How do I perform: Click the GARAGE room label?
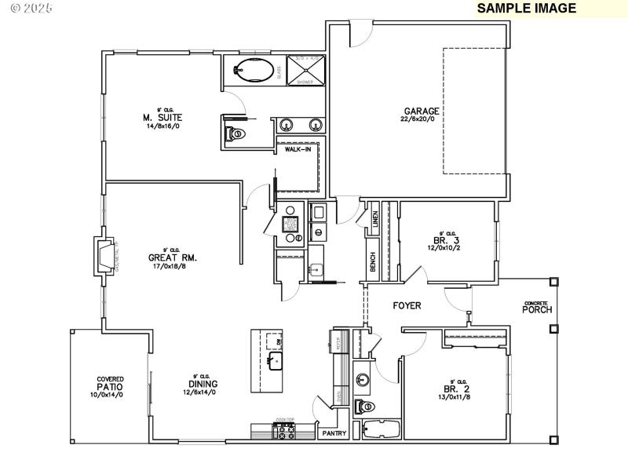[422, 111]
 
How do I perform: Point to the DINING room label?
[199, 384]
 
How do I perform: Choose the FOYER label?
[407, 305]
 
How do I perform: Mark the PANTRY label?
[330, 433]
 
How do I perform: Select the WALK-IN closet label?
[298, 148]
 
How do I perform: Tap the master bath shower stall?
[304, 70]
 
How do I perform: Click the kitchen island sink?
[276, 361]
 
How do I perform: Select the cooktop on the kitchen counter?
[283, 429]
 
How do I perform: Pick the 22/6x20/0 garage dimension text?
[422, 119]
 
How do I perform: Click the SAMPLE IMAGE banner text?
[526, 9]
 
